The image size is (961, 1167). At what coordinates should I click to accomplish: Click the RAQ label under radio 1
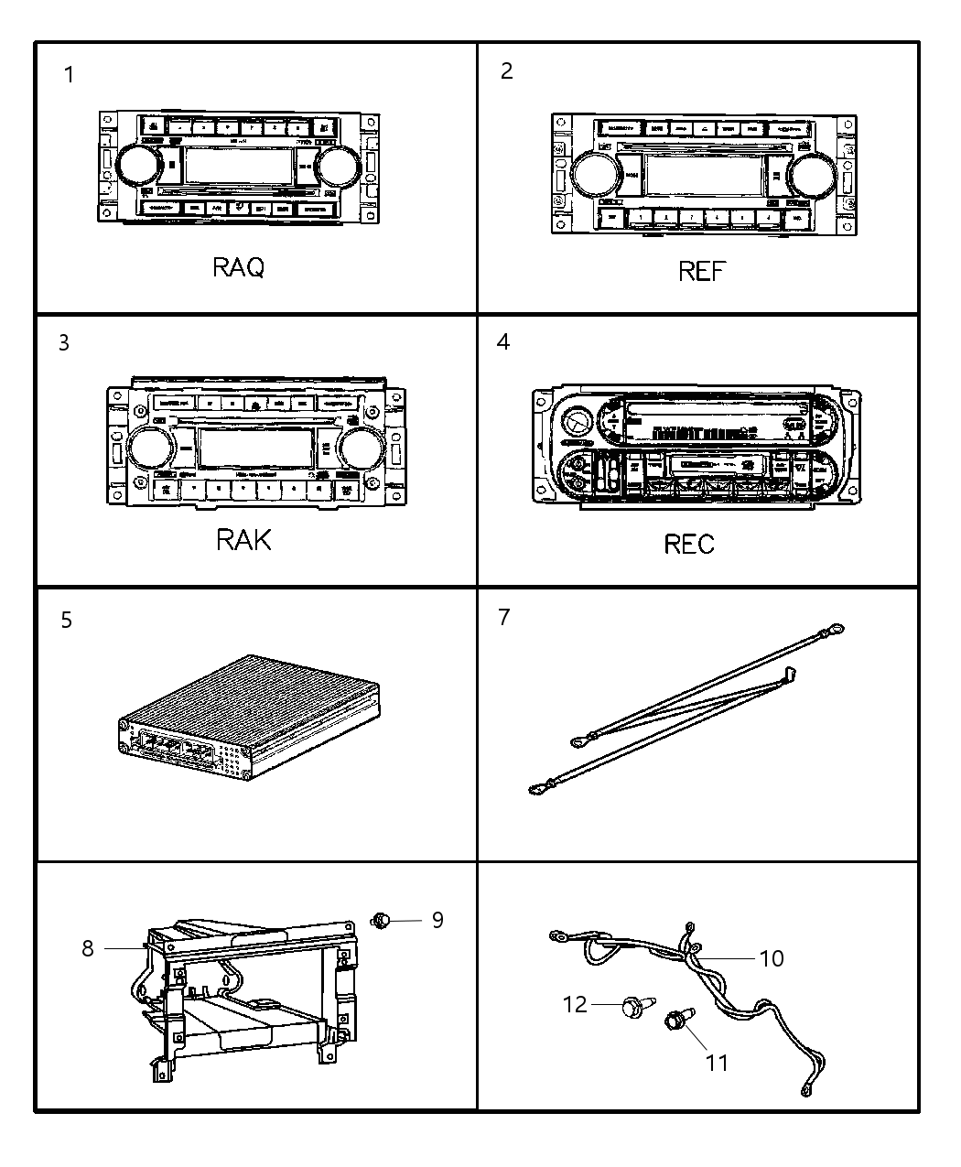coord(238,267)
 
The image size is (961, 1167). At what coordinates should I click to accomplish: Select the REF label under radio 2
coord(702,271)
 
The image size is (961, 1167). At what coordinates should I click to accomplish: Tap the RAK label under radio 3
coord(243,539)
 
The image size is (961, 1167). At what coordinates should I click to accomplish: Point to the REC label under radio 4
coord(688,545)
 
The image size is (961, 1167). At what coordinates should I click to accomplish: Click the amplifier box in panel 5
coord(249,719)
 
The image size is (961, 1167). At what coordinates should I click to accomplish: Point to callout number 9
coord(437,919)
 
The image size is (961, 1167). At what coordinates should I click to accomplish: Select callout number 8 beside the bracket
coord(88,948)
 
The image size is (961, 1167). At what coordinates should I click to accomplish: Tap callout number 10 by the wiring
coord(772,958)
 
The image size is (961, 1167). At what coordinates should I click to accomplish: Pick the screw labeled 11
coord(677,1019)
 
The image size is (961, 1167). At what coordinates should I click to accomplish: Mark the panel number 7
coord(504,618)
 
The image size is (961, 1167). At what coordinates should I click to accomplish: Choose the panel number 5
coord(66,621)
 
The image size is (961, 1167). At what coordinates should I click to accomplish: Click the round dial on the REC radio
coord(577,422)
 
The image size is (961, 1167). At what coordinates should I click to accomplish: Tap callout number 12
coord(574,1005)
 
